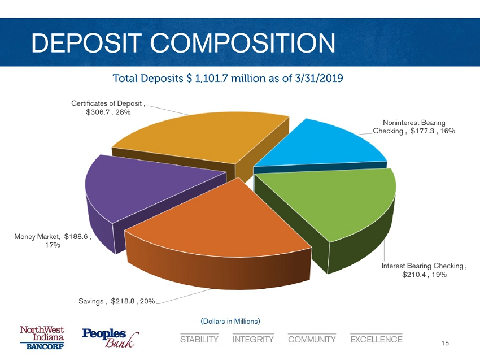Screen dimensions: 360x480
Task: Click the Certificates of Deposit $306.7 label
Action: [x=107, y=108]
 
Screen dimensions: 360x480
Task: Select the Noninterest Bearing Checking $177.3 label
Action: [x=414, y=127]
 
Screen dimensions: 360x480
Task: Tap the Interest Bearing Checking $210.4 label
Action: [x=424, y=270]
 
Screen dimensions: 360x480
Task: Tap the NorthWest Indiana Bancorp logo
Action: [x=42, y=338]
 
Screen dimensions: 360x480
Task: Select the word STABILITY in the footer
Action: [x=199, y=340]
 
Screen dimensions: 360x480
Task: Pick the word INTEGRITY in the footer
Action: [x=253, y=340]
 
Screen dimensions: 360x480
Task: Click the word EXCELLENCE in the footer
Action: [x=376, y=340]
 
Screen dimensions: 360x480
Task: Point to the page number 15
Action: [x=445, y=344]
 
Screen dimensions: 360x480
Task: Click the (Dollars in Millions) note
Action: [x=230, y=322]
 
